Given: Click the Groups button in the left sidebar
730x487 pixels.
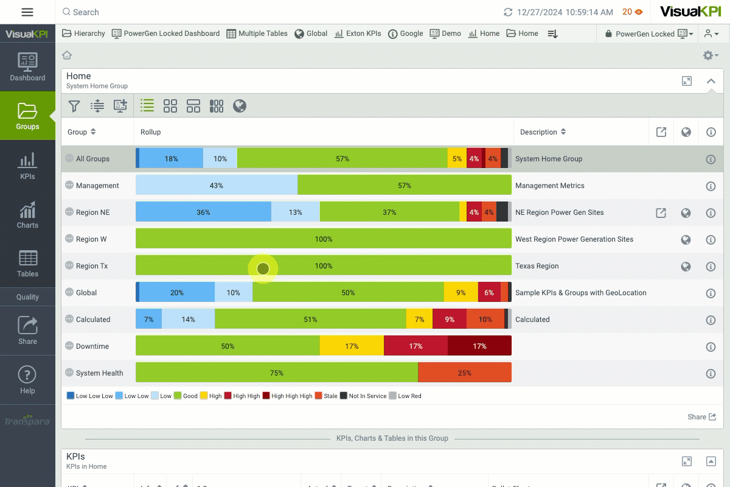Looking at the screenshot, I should pos(27,116).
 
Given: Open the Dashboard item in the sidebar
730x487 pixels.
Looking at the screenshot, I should pos(27,66).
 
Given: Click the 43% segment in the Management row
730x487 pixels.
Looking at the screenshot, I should pos(216,186).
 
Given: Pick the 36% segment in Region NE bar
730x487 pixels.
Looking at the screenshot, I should pos(203,212).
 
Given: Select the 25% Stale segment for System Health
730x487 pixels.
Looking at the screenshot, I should pos(464,373).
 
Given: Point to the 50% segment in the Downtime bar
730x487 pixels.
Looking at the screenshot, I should pos(228,346).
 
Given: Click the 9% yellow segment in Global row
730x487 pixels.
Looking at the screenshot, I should pos(461,293).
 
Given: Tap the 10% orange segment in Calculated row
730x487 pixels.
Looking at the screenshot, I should pos(485,320).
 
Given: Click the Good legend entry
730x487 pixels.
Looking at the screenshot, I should pos(186,396).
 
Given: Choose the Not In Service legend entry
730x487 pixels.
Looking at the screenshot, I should pos(363,396).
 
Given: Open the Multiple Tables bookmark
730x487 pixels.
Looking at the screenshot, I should pos(257,33).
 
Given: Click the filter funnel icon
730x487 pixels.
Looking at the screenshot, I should pos(74,107).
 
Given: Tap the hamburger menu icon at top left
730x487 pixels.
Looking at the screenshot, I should pos(27,12).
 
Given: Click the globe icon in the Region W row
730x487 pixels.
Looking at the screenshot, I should pos(686,239).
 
